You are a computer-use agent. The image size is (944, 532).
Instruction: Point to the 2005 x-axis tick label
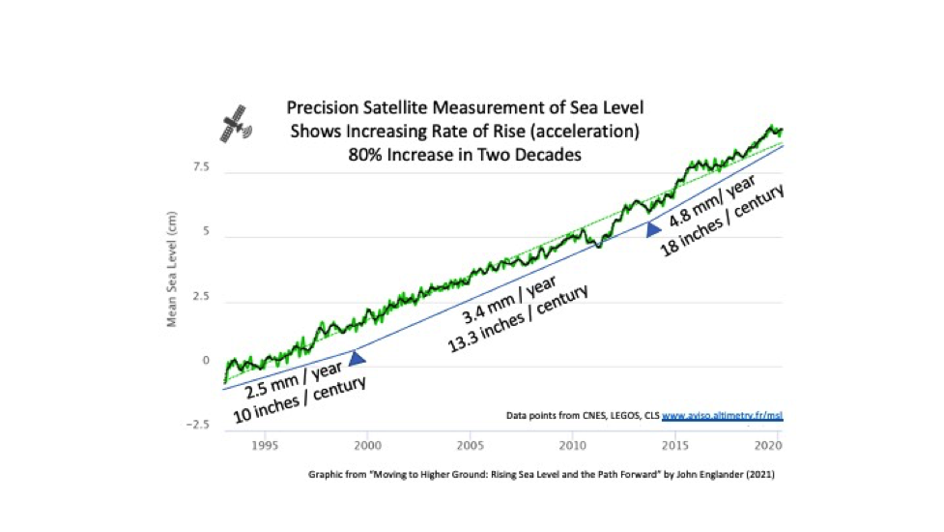click(x=471, y=445)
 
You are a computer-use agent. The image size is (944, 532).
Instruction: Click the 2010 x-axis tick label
click(x=574, y=445)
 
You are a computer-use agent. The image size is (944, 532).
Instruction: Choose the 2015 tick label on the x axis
click(x=677, y=445)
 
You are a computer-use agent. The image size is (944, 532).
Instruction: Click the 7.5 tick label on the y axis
click(x=200, y=167)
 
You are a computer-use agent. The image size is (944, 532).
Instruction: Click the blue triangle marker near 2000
click(x=358, y=359)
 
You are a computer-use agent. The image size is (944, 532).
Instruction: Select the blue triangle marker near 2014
click(x=653, y=229)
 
